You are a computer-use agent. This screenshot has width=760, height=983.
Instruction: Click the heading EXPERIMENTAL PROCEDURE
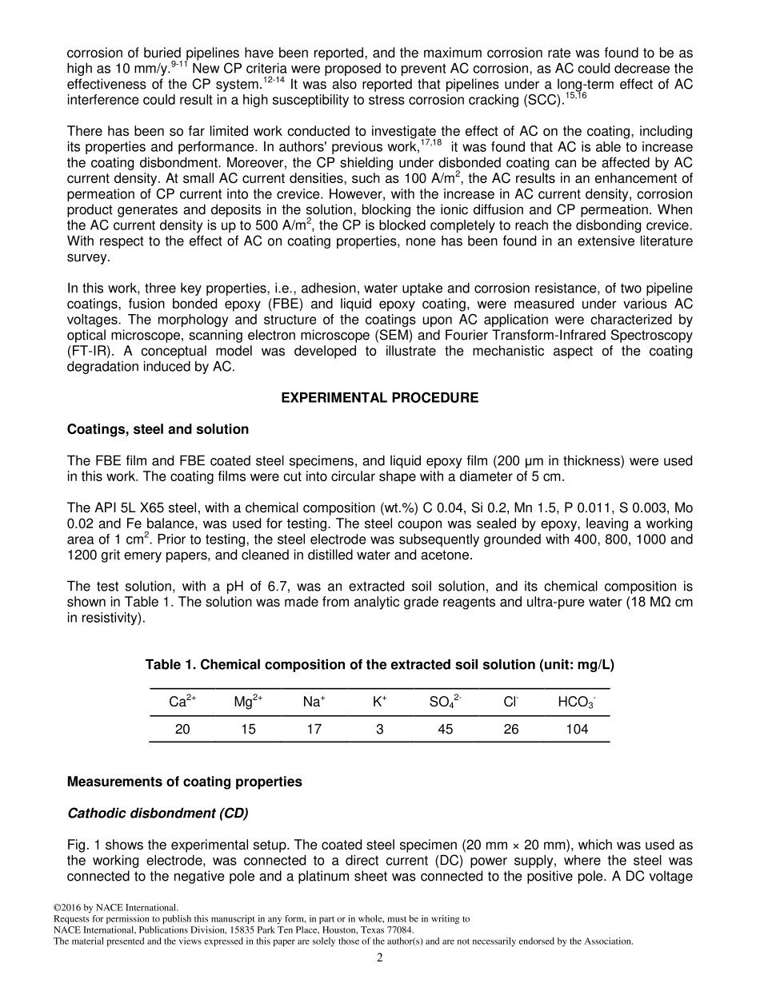[x=379, y=398]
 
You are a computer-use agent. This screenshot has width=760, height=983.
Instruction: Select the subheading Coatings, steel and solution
[x=158, y=429]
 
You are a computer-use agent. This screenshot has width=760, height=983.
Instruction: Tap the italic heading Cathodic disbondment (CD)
[x=158, y=814]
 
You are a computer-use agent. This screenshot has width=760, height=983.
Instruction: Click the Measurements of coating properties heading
[x=185, y=782]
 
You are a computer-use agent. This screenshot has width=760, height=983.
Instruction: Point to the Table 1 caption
[x=379, y=665]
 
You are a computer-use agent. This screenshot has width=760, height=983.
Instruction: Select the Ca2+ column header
[x=182, y=702]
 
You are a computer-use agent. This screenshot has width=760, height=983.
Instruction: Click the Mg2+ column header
[x=248, y=702]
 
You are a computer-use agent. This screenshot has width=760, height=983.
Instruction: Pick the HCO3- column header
[x=576, y=702]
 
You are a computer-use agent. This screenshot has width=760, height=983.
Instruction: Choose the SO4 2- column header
[x=445, y=702]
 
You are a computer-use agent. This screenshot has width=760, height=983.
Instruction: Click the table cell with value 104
[x=576, y=729]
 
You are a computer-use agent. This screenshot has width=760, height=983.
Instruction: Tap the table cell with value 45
[x=445, y=729]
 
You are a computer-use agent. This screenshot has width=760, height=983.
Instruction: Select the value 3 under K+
[x=379, y=729]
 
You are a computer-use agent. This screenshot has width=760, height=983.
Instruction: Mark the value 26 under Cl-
[x=511, y=729]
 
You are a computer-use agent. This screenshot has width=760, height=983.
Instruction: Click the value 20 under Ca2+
[x=182, y=729]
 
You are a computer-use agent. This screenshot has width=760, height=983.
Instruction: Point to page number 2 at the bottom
[x=380, y=958]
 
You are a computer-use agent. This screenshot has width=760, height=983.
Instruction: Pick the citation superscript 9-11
[x=180, y=64]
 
